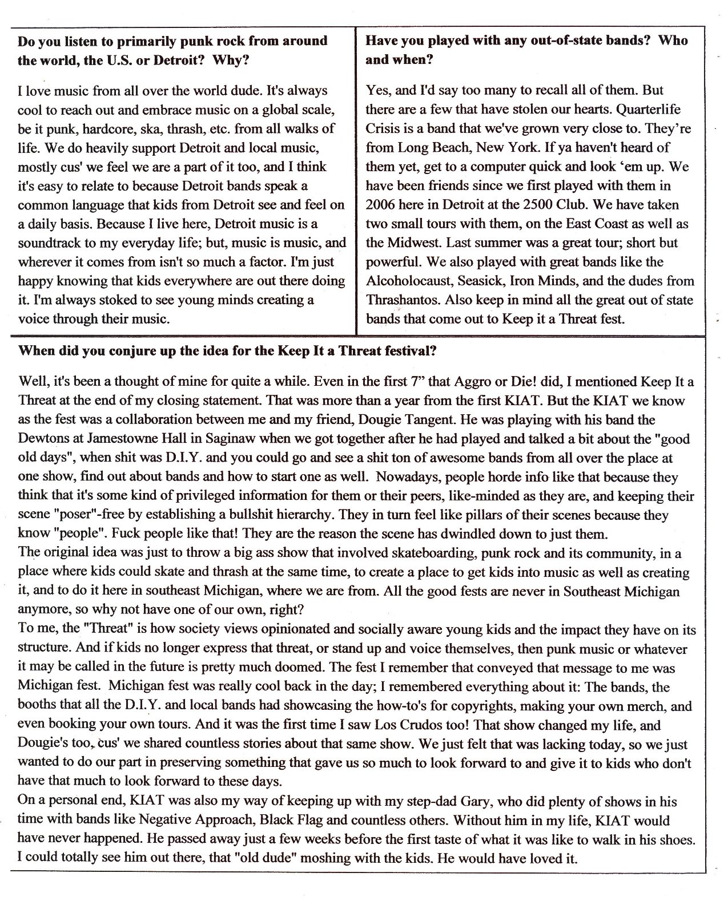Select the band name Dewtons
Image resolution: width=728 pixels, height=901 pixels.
click(x=43, y=439)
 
